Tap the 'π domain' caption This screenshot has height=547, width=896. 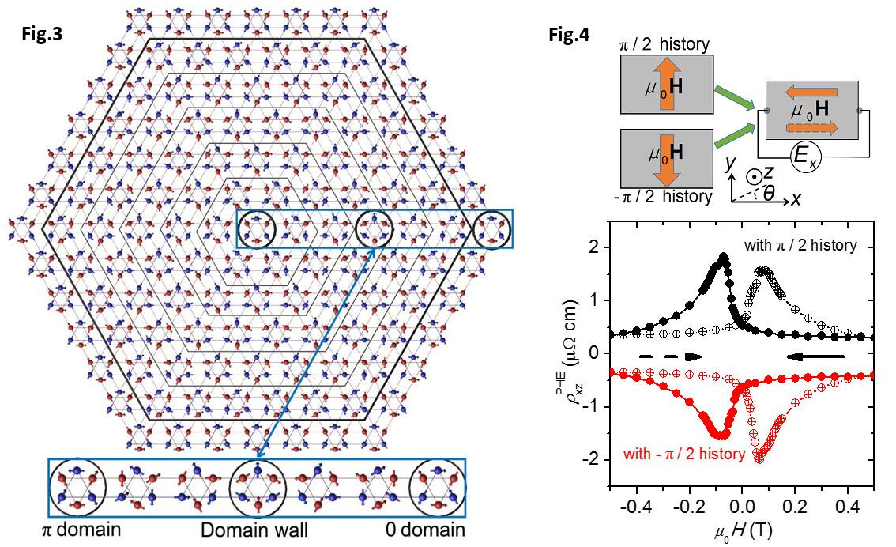click(82, 528)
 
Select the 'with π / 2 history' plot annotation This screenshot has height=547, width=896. click(800, 245)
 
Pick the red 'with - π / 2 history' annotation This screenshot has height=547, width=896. click(684, 454)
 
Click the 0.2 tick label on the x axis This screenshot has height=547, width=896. click(795, 501)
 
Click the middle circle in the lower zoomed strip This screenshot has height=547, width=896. click(257, 486)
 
